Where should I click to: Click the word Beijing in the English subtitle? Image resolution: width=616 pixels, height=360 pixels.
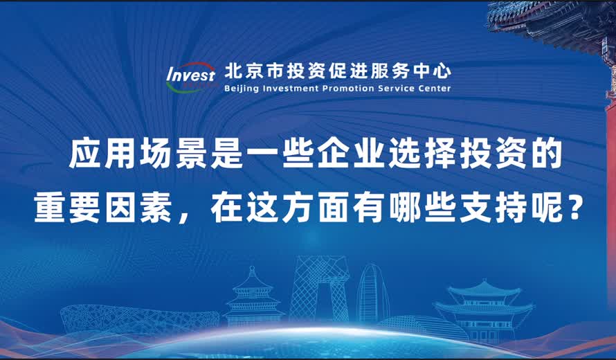pos(242,89)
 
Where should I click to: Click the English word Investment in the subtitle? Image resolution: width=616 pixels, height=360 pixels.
pos(292,89)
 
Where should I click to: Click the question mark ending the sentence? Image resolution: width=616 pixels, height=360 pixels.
pos(572,208)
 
